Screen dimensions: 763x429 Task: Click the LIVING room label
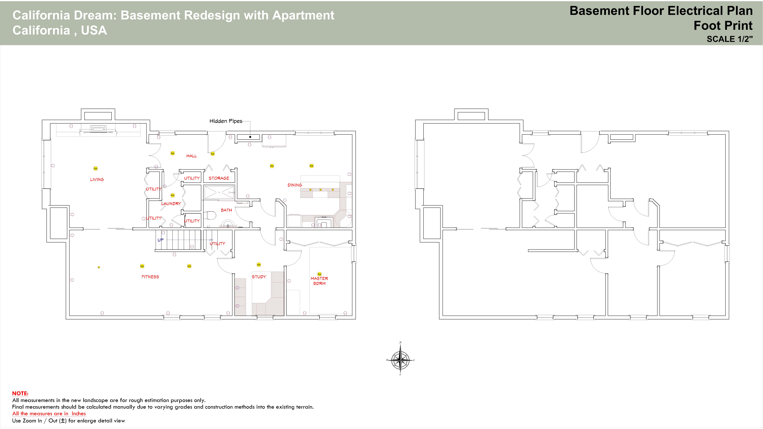(97, 179)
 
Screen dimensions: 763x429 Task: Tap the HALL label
(191, 156)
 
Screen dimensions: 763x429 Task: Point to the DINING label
(295, 185)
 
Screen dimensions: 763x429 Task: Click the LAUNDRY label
(171, 204)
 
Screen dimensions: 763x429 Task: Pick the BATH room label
(226, 210)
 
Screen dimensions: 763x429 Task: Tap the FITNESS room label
(150, 277)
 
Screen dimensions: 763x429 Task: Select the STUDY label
(259, 277)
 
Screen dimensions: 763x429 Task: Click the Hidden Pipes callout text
(226, 121)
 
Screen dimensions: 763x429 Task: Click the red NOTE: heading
(20, 393)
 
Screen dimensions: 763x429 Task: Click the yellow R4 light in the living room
(95, 168)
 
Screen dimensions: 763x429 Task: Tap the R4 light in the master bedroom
(319, 274)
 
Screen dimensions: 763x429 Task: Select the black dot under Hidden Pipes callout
(250, 137)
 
